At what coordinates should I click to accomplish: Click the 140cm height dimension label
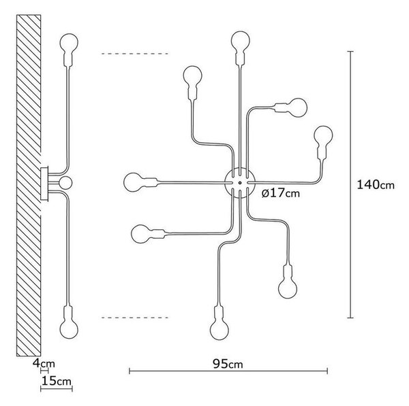point(376,184)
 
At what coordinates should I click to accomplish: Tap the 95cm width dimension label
point(228,364)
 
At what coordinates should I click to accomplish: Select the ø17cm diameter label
point(281,193)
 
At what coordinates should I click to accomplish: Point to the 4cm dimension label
point(44,363)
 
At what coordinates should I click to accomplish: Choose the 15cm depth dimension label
point(57,381)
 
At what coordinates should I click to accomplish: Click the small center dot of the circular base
point(240,183)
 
